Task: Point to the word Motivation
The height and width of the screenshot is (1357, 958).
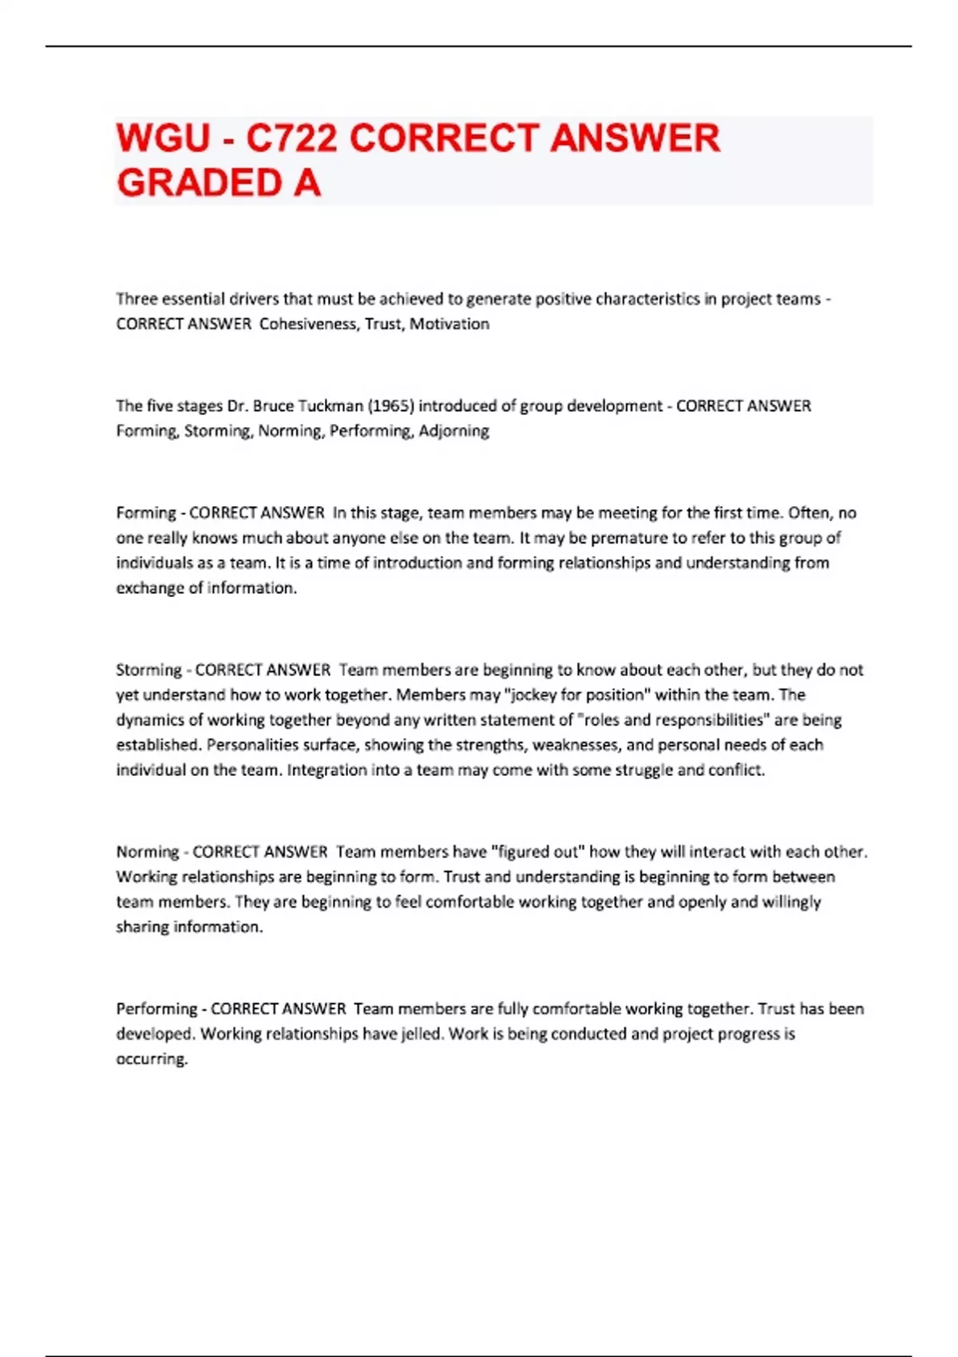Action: click(449, 324)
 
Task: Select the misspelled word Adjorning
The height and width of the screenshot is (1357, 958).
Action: click(453, 431)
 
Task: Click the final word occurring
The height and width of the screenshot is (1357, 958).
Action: click(152, 1059)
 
